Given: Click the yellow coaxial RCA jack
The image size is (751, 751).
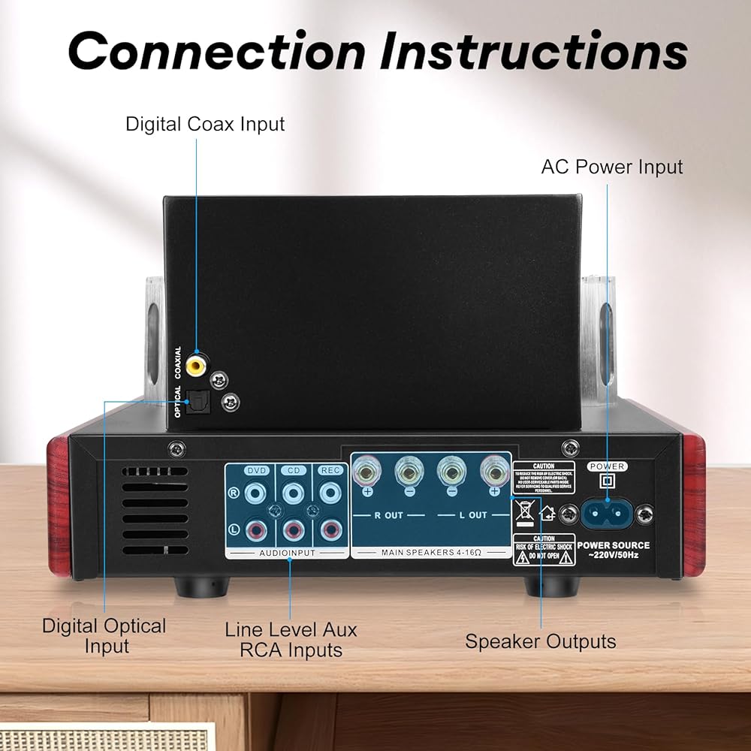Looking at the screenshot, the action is pyautogui.click(x=198, y=364).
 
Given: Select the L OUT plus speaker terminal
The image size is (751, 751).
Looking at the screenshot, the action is pyautogui.click(x=493, y=474).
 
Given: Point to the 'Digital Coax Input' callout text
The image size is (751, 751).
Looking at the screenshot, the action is pyautogui.click(x=205, y=124).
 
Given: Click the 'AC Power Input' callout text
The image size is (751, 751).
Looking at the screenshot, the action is pyautogui.click(x=612, y=167).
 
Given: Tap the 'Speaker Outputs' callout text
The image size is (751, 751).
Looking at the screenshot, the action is pyautogui.click(x=541, y=641).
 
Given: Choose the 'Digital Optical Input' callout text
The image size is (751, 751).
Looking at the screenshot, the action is pyautogui.click(x=104, y=635).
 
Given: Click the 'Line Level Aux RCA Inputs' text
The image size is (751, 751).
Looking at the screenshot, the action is pyautogui.click(x=291, y=640).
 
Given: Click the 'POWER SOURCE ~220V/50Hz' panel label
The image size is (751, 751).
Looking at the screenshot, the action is pyautogui.click(x=614, y=550).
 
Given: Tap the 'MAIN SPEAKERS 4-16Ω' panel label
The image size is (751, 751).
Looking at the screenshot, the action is pyautogui.click(x=432, y=553).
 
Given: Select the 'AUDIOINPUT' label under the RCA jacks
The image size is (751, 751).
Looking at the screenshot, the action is pyautogui.click(x=288, y=553).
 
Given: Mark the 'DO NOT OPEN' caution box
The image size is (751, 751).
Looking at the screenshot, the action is pyautogui.click(x=544, y=549).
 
